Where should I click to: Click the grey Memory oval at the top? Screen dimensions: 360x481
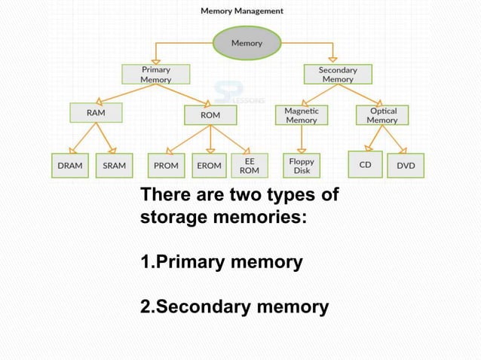[x=247, y=43]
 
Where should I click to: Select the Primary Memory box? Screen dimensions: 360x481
[x=156, y=74]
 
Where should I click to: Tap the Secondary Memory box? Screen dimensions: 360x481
[x=337, y=74]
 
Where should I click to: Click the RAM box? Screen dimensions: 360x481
[x=96, y=113]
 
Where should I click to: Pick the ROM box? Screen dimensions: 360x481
[x=210, y=114]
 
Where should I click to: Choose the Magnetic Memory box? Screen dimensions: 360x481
[x=301, y=114]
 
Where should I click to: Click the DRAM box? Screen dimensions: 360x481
[x=70, y=165]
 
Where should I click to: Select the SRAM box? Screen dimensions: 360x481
[x=115, y=165]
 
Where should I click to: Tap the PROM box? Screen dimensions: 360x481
[x=165, y=165]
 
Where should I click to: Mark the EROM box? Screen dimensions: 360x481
[x=209, y=165]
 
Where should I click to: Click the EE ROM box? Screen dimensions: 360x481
[x=249, y=165]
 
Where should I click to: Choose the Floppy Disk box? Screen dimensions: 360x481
[x=301, y=165]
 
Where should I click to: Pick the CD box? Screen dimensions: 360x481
[x=364, y=164]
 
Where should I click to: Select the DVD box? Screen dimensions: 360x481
[x=405, y=165]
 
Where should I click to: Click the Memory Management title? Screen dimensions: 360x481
[x=242, y=11]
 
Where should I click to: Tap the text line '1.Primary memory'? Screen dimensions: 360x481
[x=222, y=263]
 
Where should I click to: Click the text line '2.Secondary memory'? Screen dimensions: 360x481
[x=234, y=307]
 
